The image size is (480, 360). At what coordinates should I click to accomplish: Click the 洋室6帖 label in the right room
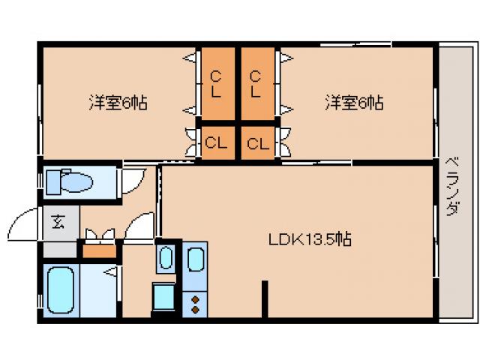[x=355, y=103]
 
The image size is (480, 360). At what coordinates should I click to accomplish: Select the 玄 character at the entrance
[x=58, y=222]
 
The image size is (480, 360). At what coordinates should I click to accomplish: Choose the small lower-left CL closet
[x=217, y=143]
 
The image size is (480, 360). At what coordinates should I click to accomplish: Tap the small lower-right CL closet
[x=258, y=143]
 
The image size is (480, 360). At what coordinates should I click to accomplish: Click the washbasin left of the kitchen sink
[x=165, y=259]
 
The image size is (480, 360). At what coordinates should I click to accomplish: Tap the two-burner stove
[x=195, y=303]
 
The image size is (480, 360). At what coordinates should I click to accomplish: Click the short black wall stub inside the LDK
[x=264, y=299]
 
